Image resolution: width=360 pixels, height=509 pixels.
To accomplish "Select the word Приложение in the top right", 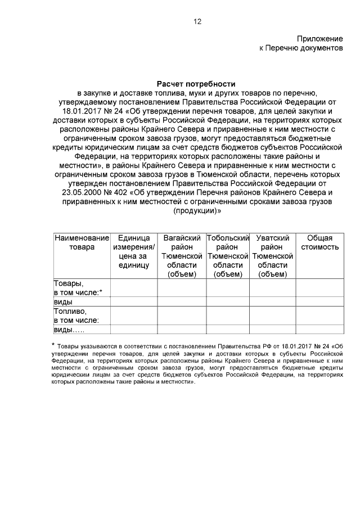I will pyautogui.click(x=320, y=39).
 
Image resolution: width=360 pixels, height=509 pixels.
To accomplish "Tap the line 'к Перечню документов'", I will pyautogui.click(x=301, y=48).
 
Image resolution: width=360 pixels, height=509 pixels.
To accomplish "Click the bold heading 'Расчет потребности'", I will pyautogui.click(x=197, y=83).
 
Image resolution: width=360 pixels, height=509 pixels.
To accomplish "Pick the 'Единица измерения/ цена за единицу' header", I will pyautogui.click(x=134, y=251).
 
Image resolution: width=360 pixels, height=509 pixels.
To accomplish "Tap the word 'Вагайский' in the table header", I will pyautogui.click(x=182, y=238).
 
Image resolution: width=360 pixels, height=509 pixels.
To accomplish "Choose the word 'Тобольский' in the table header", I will pyautogui.click(x=228, y=238).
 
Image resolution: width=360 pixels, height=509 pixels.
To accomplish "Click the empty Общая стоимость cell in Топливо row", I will pyautogui.click(x=319, y=315).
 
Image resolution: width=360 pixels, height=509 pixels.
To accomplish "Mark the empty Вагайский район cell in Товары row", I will pyautogui.click(x=182, y=287).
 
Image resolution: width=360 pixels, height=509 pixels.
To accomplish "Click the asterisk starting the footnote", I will pyautogui.click(x=53, y=344).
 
